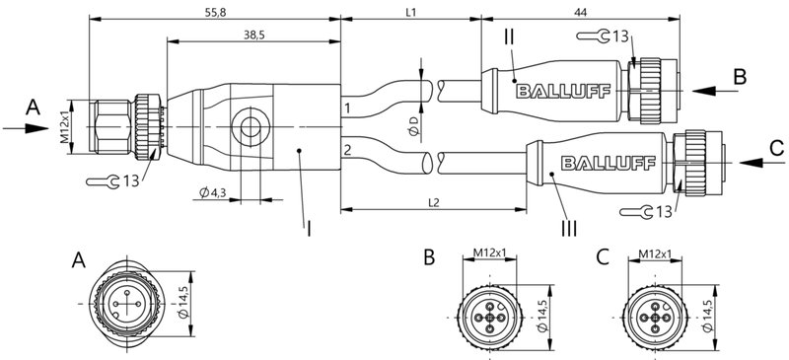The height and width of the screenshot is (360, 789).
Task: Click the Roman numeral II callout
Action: point(509,38)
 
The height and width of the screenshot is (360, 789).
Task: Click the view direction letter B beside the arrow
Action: point(740,77)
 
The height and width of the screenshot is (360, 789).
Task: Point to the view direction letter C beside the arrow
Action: point(774,148)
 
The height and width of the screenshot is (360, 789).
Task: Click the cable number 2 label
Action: point(347,150)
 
